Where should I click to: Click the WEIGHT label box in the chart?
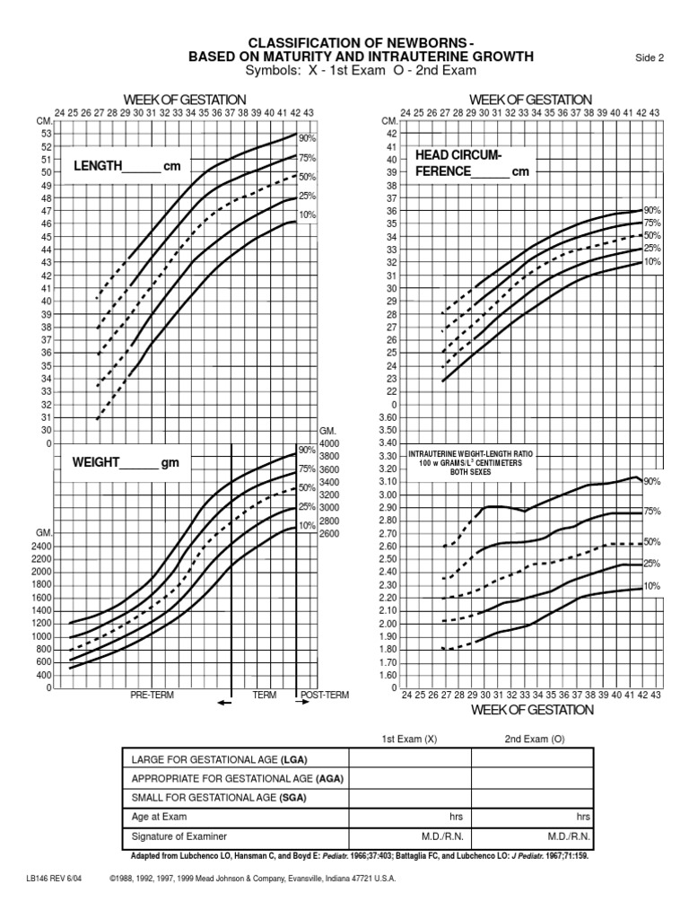pyautogui.click(x=121, y=462)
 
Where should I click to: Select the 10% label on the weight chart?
pyautogui.click(x=306, y=525)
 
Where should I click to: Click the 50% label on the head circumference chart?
pyautogui.click(x=652, y=235)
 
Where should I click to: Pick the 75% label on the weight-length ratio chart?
pyautogui.click(x=652, y=512)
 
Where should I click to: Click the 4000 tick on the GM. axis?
pyautogui.click(x=328, y=443)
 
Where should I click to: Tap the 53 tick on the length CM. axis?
pyautogui.click(x=47, y=133)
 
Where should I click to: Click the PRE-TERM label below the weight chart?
pyautogui.click(x=153, y=695)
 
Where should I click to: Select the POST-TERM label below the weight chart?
pyautogui.click(x=325, y=695)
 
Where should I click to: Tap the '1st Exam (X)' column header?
pyautogui.click(x=410, y=739)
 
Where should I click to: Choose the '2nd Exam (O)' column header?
pyautogui.click(x=532, y=739)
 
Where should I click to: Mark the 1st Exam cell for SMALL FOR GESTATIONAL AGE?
pyautogui.click(x=410, y=798)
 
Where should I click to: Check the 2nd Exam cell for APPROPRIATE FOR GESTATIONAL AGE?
pyautogui.click(x=532, y=778)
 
